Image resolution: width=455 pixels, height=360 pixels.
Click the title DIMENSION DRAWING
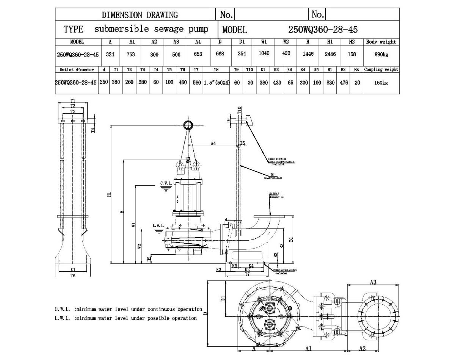coord(140,15)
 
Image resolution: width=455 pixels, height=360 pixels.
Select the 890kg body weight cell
coord(381,54)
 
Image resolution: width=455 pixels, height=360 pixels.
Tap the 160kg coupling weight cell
coord(381,83)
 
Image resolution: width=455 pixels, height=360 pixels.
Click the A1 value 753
coord(130,54)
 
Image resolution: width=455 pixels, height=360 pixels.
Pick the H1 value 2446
coord(330,54)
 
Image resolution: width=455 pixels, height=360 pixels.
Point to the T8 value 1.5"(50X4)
coord(217,83)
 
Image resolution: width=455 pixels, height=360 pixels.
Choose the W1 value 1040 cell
coord(264,53)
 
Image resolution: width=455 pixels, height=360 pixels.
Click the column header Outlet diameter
coord(77,70)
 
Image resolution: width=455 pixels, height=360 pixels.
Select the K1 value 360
coord(264,83)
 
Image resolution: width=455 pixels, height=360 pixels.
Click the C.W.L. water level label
coord(166,183)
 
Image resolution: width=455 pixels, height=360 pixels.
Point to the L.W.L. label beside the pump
coord(158,225)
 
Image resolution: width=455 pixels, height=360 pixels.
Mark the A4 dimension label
coord(213,143)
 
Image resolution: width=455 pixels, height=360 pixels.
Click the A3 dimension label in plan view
coord(373,282)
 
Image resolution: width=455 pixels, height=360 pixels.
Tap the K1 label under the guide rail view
coord(73,269)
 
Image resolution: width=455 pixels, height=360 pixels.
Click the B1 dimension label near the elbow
coord(291,239)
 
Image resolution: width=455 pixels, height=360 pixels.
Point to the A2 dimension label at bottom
coord(362,348)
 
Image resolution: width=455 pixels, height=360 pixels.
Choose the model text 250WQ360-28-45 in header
coord(323,29)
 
